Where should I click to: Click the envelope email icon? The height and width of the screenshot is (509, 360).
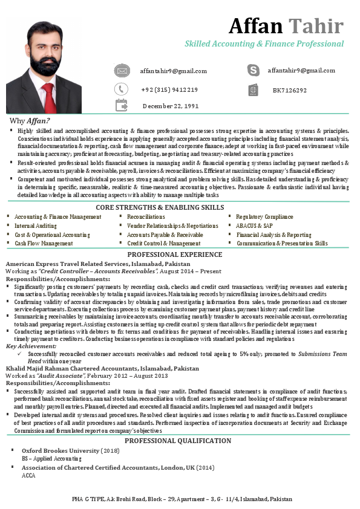(122, 71)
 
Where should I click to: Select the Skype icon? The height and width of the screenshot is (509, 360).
(254, 71)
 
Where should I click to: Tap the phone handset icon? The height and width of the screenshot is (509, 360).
(122, 89)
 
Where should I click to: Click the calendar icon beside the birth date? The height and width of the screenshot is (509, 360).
(122, 106)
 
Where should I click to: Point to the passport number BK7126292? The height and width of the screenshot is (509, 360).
(289, 91)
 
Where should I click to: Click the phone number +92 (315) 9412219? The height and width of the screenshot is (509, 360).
(169, 90)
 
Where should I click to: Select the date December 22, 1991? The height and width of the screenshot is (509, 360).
(171, 106)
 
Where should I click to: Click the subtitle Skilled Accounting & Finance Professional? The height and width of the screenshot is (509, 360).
(264, 44)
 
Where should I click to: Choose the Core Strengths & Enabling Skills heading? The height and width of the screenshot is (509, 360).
(160, 207)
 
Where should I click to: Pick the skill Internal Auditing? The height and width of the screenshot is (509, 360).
(36, 225)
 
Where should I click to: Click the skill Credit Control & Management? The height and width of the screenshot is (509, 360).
(163, 243)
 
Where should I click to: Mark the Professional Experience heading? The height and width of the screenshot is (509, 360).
(174, 255)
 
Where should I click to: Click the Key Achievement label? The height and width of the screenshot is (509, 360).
(31, 346)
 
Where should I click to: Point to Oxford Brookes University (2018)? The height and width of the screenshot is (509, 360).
(71, 451)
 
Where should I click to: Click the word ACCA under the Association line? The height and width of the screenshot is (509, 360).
(28, 475)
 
